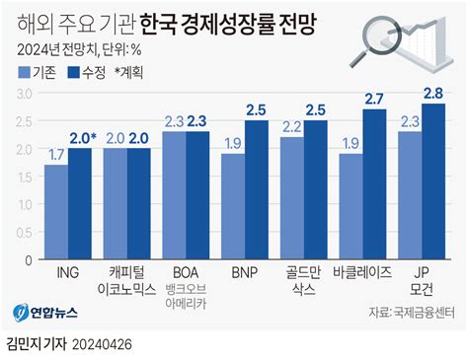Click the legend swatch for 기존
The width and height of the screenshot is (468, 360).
(23, 71)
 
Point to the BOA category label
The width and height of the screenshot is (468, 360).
(185, 270)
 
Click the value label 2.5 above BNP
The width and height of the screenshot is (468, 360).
(257, 108)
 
